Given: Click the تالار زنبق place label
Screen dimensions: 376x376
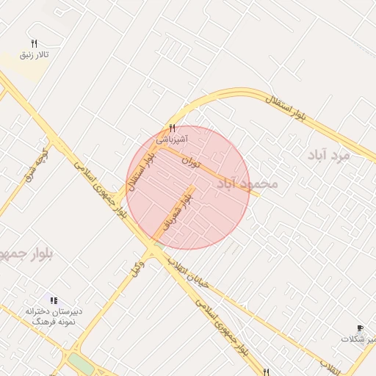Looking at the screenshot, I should [x=35, y=56].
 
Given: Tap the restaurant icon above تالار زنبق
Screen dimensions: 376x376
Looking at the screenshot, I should [x=34, y=44].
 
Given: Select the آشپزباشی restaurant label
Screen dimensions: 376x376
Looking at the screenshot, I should [x=172, y=138].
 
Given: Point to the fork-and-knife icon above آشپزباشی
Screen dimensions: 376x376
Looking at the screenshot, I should [x=172, y=127].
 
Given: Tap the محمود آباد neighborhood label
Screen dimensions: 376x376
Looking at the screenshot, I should [x=247, y=183].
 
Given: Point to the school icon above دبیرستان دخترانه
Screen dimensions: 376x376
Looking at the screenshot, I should [x=52, y=300].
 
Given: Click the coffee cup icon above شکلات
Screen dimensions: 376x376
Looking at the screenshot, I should [x=359, y=328].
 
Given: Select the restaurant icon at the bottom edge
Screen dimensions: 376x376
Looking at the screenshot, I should [x=266, y=372].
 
